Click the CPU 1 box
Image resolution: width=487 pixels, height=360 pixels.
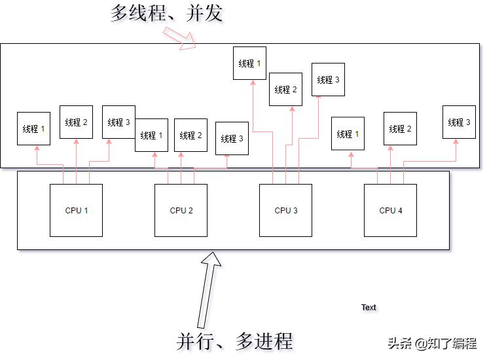[76, 210]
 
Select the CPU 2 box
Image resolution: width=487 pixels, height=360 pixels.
[181, 210]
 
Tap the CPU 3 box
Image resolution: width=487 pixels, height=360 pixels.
[285, 210]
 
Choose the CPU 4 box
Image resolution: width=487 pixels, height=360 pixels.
[390, 210]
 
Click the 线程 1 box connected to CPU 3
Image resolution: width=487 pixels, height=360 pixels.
[249, 63]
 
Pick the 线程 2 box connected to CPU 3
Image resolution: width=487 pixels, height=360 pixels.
[285, 89]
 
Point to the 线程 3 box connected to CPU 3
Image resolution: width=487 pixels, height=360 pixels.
[328, 79]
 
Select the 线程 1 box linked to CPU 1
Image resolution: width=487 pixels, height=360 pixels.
[33, 129]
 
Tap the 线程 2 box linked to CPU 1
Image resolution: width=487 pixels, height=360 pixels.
[76, 122]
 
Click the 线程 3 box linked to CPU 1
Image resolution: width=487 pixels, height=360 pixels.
[118, 122]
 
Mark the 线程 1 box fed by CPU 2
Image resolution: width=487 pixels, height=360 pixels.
[151, 135]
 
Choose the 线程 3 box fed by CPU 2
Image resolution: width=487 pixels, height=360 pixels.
[232, 138]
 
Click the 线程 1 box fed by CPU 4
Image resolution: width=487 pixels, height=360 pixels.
[348, 134]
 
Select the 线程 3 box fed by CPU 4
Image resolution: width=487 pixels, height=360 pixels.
[459, 122]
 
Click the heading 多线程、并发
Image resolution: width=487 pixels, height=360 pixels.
[166, 13]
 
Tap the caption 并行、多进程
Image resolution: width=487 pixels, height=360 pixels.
[234, 341]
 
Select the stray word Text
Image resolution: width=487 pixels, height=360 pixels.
[369, 307]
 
